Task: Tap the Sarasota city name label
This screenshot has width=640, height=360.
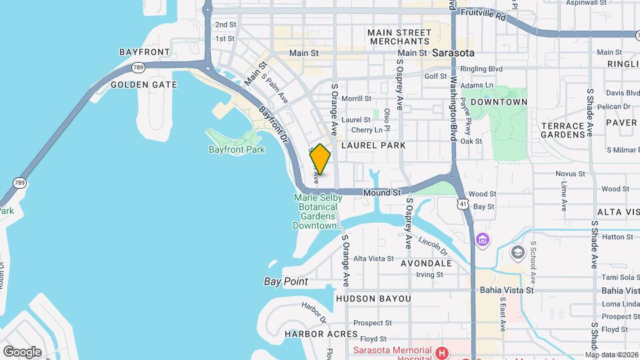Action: (x=453, y=52)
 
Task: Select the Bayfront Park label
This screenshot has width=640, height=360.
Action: (x=237, y=149)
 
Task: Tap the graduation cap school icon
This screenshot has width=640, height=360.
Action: (x=517, y=252)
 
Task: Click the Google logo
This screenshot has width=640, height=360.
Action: (x=22, y=352)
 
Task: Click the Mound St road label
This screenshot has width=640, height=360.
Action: (x=381, y=193)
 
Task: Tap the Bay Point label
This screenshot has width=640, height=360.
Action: (x=285, y=281)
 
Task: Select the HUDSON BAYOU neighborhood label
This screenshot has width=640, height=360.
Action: (x=373, y=299)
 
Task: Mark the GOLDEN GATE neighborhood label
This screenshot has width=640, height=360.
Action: (x=143, y=85)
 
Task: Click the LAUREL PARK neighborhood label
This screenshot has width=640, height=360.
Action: (x=373, y=145)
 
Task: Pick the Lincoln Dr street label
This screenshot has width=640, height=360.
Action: (x=433, y=245)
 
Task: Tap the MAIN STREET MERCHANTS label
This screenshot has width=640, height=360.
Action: (x=399, y=37)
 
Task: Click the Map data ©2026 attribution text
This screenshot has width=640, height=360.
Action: (x=611, y=355)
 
